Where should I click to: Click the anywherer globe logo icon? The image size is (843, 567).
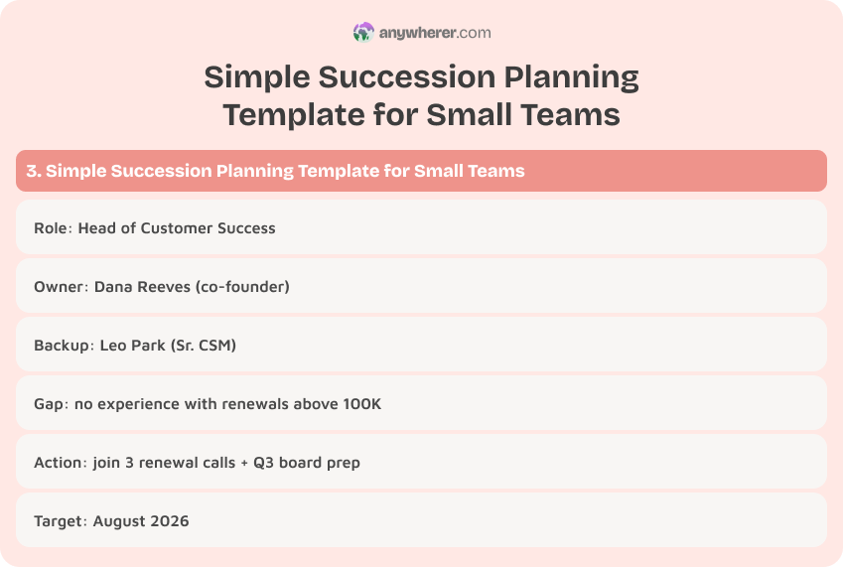pos(363,33)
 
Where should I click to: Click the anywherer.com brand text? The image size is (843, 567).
pos(435,33)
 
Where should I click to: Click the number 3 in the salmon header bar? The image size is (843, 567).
pos(32,171)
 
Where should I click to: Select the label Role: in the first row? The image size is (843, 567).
pos(53,227)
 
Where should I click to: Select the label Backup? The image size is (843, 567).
pos(65,345)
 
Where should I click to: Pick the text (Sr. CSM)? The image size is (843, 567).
pos(204,345)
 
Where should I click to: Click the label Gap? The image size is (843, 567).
pos(51,403)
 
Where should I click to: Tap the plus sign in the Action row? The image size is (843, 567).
pos(244,462)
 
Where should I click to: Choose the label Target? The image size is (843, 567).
pos(61,520)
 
